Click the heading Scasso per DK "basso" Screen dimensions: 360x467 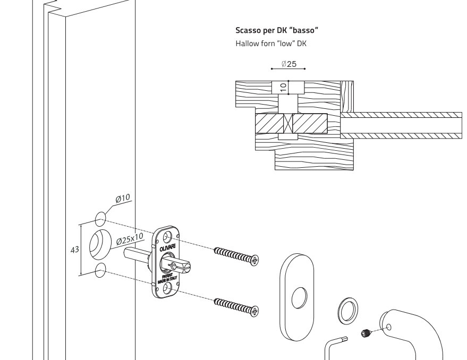pos(277,31)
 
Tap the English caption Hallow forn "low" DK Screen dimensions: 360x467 pos(271,44)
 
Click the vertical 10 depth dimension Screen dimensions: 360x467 pos(283,86)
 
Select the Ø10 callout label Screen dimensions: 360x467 pos(123,199)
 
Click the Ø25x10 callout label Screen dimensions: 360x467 pos(130,239)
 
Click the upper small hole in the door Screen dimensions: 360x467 pos(100,219)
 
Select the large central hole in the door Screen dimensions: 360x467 pos(98,245)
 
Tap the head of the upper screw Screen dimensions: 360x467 pos(255,260)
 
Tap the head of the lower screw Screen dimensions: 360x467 pos(254,311)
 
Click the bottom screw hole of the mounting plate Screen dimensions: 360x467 pos(167,287)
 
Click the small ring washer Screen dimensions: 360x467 pos(347,310)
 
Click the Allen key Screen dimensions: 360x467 pos(335,345)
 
